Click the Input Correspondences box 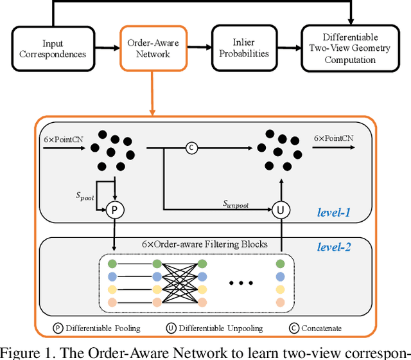[x=53, y=49]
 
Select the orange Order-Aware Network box [x=153, y=49]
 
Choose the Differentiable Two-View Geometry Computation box [x=350, y=49]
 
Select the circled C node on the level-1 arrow [x=191, y=148]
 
